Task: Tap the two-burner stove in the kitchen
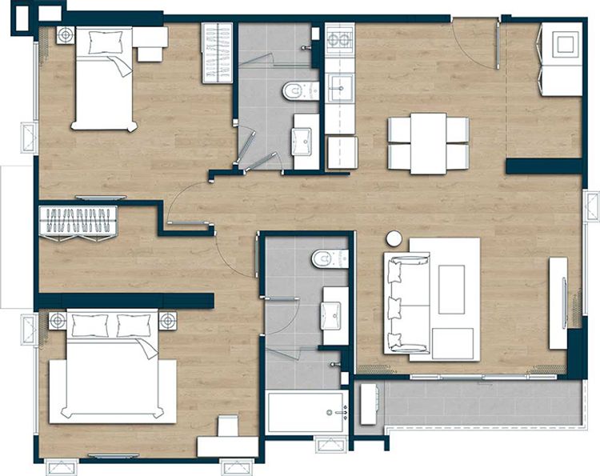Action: click(x=340, y=39)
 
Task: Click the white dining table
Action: click(x=428, y=143)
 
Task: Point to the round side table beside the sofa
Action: click(x=394, y=238)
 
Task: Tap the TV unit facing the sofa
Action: click(x=558, y=302)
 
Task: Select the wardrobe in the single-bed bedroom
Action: click(x=216, y=53)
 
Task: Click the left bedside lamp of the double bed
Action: click(x=57, y=322)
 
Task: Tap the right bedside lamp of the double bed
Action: click(x=167, y=322)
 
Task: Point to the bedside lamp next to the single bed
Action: click(x=65, y=35)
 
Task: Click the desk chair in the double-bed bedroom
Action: click(x=228, y=426)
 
